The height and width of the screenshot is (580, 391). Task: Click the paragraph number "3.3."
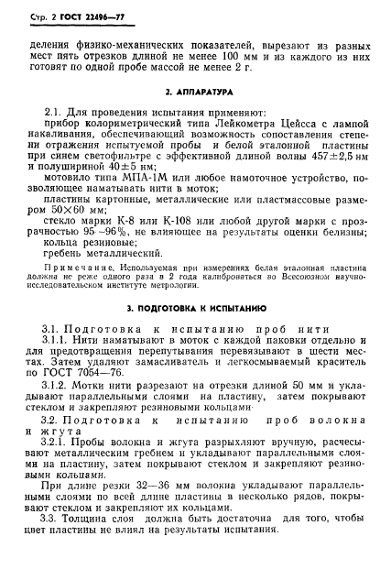(x=55, y=539)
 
